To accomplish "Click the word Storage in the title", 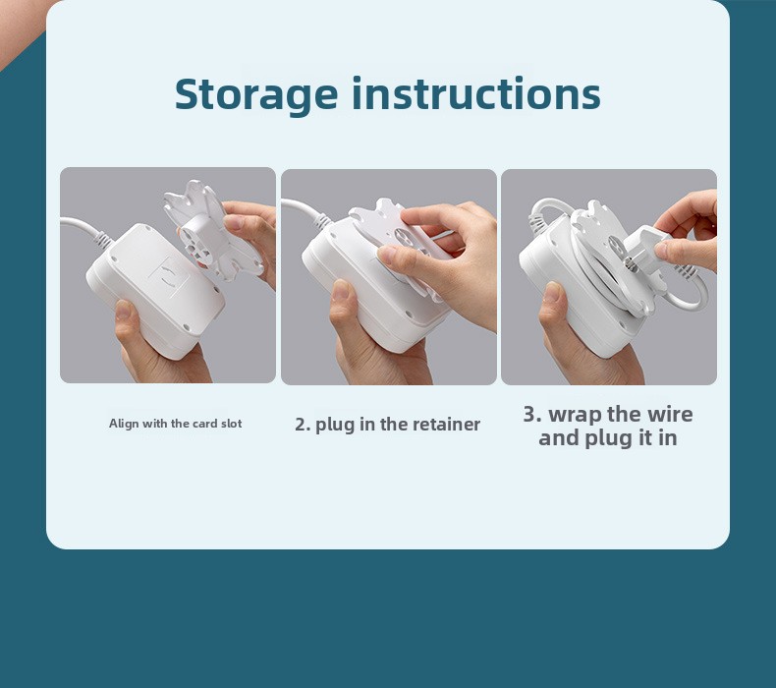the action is tap(256, 94).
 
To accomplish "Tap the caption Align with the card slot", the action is tap(175, 424).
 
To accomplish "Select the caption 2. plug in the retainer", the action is tap(387, 425).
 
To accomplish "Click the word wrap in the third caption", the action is tap(576, 415).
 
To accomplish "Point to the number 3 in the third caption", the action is tap(529, 414).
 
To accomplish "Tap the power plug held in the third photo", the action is tap(643, 248).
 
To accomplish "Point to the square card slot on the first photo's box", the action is tap(168, 277).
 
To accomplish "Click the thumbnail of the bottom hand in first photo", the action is tap(122, 311).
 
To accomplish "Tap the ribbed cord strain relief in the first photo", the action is tap(103, 239).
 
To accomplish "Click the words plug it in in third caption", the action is tap(631, 439).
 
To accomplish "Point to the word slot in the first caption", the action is tap(232, 424).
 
